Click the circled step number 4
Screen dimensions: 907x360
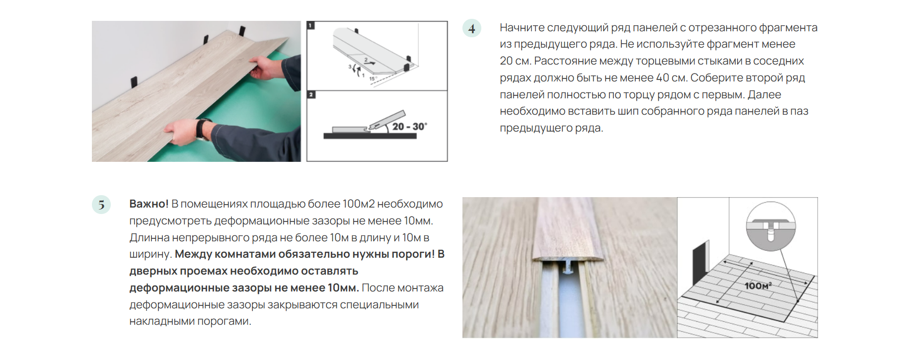tap(471, 28)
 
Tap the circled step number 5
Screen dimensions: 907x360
tap(101, 205)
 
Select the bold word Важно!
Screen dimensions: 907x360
tap(149, 204)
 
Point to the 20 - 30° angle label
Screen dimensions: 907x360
tap(409, 127)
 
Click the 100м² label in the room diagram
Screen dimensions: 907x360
tap(758, 286)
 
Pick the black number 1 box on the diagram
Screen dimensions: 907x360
tap(311, 25)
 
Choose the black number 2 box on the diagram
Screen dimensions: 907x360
tap(311, 94)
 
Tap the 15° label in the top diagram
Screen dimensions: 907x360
tap(373, 78)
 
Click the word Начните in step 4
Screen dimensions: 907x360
tap(522, 28)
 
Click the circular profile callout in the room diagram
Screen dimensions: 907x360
tap(771, 226)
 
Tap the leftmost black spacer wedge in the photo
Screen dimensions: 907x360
tap(134, 82)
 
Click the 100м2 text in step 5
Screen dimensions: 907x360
tap(358, 204)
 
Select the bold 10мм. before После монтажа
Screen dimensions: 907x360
tap(343, 288)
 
